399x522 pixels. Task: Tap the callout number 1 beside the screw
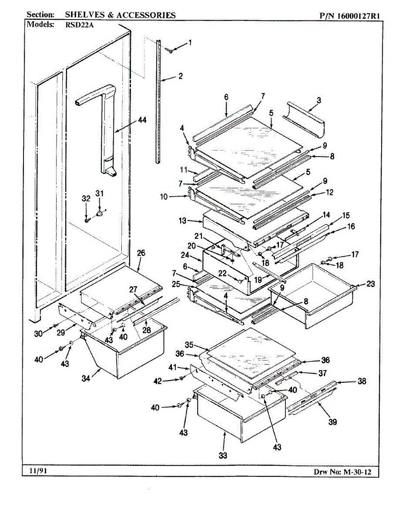pos(190,43)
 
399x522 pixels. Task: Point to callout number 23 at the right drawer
pos(370,284)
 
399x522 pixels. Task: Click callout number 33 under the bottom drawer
pos(223,455)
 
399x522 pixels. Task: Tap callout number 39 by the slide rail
pos(333,421)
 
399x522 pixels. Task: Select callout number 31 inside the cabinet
pos(100,193)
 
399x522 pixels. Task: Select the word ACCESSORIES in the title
pos(145,15)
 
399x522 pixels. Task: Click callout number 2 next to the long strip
pos(180,76)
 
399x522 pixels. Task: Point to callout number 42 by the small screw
pos(158,381)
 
